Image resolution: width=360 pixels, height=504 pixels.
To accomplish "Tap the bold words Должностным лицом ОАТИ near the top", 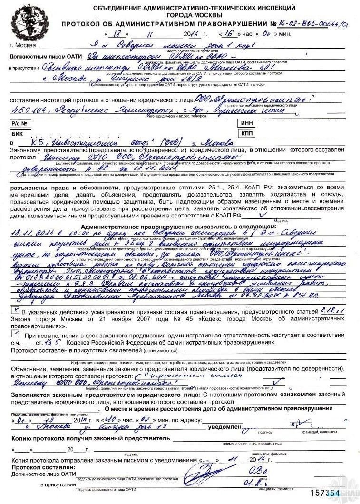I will point(43,57).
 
